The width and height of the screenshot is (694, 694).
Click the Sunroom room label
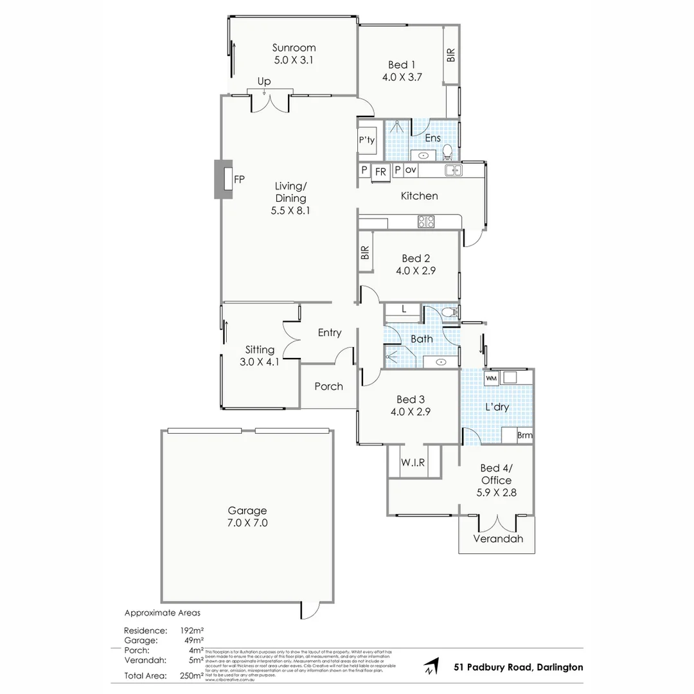[x=294, y=48]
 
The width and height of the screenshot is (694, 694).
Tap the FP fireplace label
[x=238, y=179]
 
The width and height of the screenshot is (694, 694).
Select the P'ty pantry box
[x=367, y=139]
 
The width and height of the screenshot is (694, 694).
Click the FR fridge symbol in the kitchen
[x=380, y=171]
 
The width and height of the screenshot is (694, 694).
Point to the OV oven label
[x=411, y=170]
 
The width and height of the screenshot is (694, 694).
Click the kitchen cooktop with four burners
[x=426, y=222]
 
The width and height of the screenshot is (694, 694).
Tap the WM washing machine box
[x=492, y=378]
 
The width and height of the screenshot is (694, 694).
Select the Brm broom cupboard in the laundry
[x=524, y=436]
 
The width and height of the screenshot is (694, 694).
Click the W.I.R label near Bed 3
[x=413, y=462]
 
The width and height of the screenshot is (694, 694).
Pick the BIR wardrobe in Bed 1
[x=451, y=55]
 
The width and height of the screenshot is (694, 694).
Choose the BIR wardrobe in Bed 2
[x=366, y=253]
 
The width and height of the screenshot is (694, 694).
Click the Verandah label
[x=498, y=538]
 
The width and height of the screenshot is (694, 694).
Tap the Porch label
[x=328, y=386]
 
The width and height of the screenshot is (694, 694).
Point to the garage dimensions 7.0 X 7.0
[x=247, y=523]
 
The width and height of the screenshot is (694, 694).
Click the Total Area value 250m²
[x=193, y=675]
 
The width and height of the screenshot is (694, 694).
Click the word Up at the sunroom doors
[x=263, y=82]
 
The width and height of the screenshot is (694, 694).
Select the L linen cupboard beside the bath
[x=404, y=309]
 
